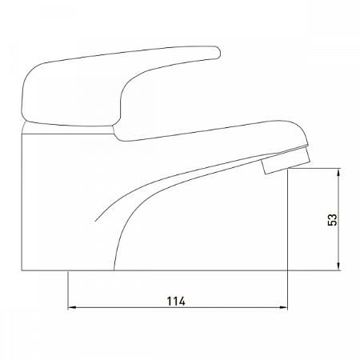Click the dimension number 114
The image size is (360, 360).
coord(176,301)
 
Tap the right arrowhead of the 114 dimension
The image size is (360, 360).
coord(284,308)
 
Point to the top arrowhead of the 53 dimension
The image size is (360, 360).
coord(342,171)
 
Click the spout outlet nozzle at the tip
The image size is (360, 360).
coord(274,164)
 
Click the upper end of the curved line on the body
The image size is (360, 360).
coord(96,218)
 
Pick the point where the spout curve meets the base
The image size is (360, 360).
coord(116,270)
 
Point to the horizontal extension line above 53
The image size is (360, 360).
coord(316,167)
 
